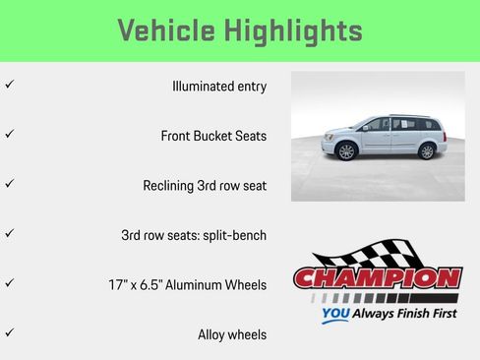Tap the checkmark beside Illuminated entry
[x=9, y=85]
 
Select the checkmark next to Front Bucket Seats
[x=9, y=134]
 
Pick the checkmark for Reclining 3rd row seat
[x=9, y=184]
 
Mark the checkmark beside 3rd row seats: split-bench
[x=9, y=234]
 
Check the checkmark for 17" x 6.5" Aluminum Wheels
[x=9, y=283]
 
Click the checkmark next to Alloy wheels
[x=9, y=333]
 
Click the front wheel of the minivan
[x=345, y=151]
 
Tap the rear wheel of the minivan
[x=427, y=151]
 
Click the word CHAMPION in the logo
[x=378, y=278]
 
